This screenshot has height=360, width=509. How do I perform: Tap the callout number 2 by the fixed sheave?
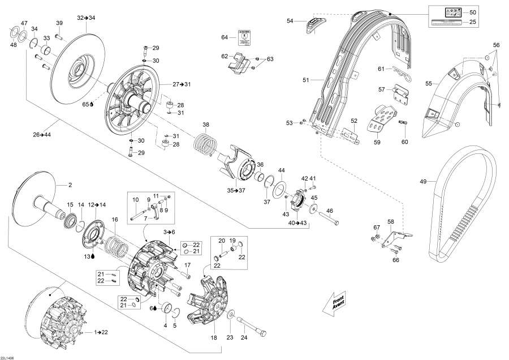pos(71,185)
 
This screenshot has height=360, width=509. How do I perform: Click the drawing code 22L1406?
pos(8,356)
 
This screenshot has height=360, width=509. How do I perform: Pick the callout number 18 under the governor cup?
pos(214,337)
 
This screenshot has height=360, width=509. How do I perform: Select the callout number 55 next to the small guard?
pos(429,83)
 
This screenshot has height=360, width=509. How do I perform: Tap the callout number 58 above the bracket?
pos(390,221)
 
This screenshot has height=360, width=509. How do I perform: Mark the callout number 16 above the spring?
pos(115,219)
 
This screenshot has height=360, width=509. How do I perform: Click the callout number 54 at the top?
pos(290,21)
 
